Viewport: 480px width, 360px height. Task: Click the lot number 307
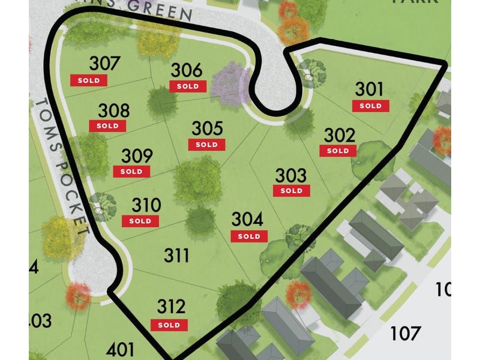click(x=106, y=64)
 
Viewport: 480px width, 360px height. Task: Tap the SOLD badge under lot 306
click(x=187, y=86)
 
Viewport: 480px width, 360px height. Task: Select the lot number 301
click(x=369, y=89)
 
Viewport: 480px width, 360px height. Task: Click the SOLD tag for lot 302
click(x=338, y=151)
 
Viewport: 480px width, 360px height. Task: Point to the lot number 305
click(x=207, y=128)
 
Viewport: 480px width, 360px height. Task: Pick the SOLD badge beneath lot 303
click(x=292, y=191)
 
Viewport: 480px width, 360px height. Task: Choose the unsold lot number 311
click(x=177, y=256)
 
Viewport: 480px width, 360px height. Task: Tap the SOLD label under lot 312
click(x=170, y=325)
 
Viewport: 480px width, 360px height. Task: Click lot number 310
click(x=146, y=205)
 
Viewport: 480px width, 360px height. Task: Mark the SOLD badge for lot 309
click(x=131, y=171)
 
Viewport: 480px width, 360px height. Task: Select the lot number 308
click(x=113, y=110)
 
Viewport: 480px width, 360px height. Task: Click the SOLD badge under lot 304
click(x=249, y=236)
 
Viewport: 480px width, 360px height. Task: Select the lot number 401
click(x=121, y=349)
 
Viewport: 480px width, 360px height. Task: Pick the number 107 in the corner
click(x=406, y=333)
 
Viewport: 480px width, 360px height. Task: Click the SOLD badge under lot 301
click(x=371, y=106)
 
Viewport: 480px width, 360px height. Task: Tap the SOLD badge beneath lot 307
click(x=89, y=80)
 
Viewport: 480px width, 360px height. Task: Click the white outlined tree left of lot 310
click(x=103, y=205)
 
